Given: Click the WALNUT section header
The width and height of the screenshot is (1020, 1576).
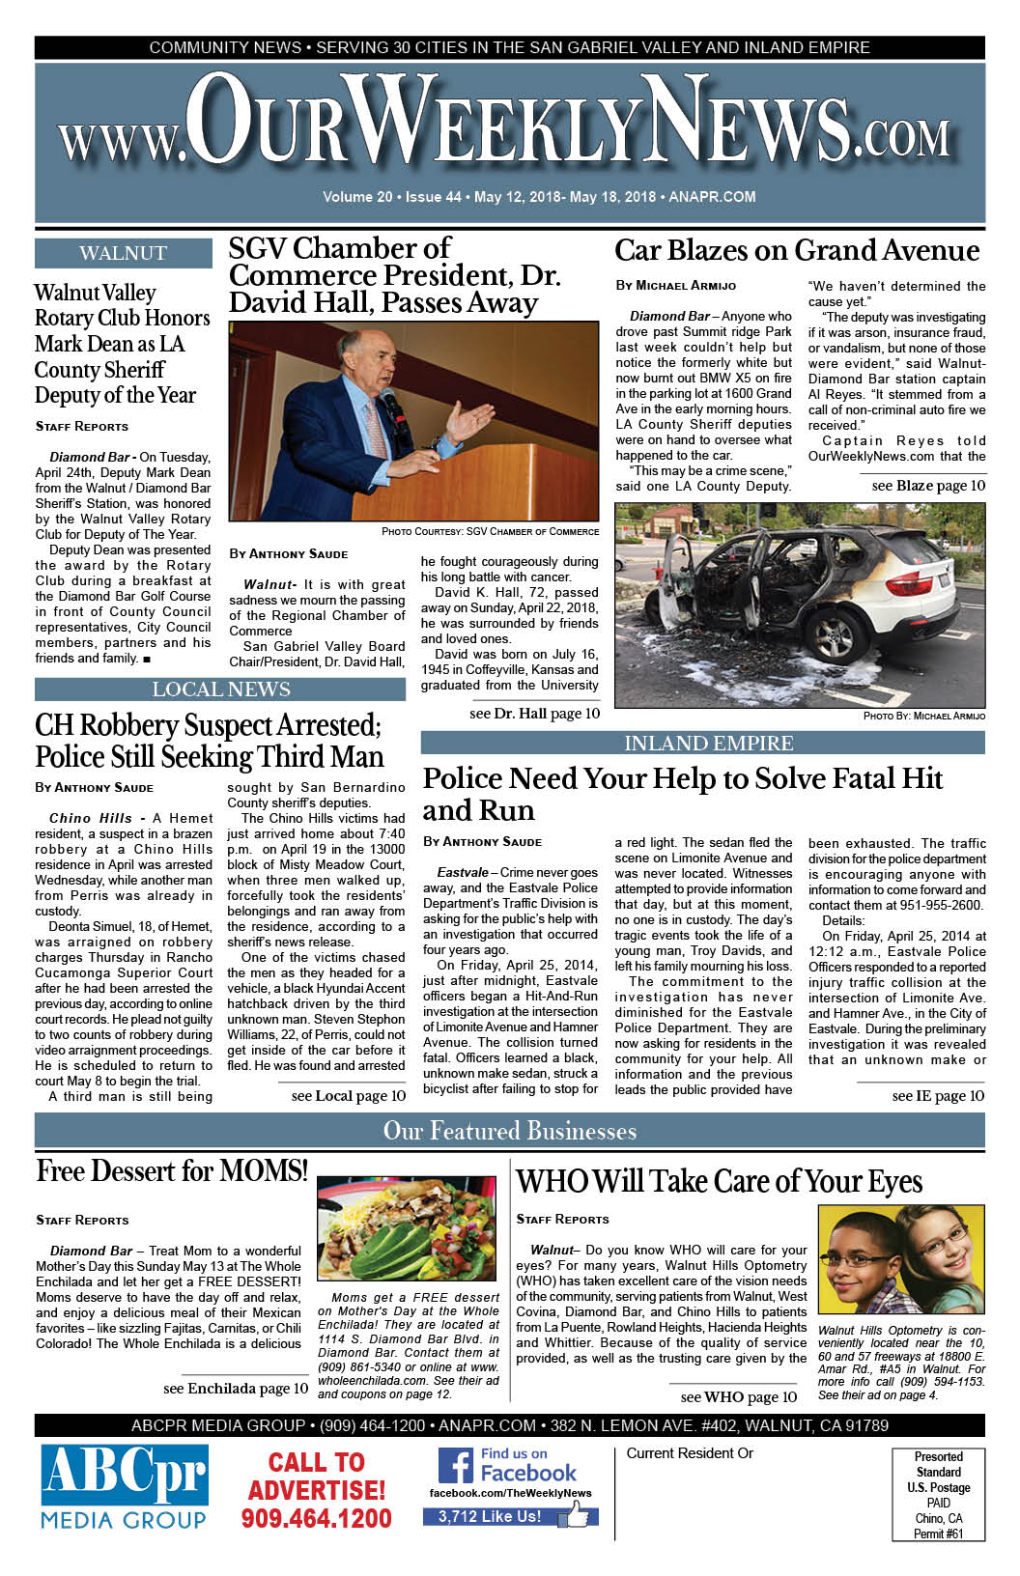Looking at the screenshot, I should pyautogui.click(x=123, y=254).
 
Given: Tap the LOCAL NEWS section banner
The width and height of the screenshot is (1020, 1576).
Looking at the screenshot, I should pyautogui.click(x=220, y=689).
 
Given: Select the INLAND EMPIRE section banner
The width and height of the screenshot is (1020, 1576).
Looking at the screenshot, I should pyautogui.click(x=708, y=743).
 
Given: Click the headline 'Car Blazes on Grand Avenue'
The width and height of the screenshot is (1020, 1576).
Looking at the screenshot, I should pyautogui.click(x=797, y=251).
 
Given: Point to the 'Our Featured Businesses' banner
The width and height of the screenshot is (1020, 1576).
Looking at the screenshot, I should pyautogui.click(x=509, y=1131).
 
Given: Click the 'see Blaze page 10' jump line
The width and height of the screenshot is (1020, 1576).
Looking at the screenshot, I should pyautogui.click(x=927, y=486).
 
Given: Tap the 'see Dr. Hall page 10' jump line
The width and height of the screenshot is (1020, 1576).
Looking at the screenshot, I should pyautogui.click(x=534, y=714).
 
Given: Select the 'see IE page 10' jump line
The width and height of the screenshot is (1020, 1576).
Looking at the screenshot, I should pyautogui.click(x=937, y=1095).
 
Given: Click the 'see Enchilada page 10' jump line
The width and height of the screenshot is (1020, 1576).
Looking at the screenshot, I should pyautogui.click(x=236, y=1388).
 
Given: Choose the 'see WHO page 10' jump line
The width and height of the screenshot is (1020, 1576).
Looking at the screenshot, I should pyautogui.click(x=738, y=1396).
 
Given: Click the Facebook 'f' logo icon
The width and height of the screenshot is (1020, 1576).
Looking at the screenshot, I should pyautogui.click(x=455, y=1466).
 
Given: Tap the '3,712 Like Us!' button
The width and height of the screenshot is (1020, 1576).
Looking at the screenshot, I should pyautogui.click(x=491, y=1516).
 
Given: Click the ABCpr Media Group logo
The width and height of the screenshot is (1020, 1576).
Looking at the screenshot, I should pyautogui.click(x=124, y=1487).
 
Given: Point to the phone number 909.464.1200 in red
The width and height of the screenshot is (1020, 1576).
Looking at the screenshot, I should pyautogui.click(x=316, y=1519).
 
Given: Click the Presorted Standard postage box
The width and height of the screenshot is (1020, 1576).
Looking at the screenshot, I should pyautogui.click(x=938, y=1494).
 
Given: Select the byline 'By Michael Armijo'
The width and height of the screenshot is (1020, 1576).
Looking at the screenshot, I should pyautogui.click(x=675, y=286).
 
